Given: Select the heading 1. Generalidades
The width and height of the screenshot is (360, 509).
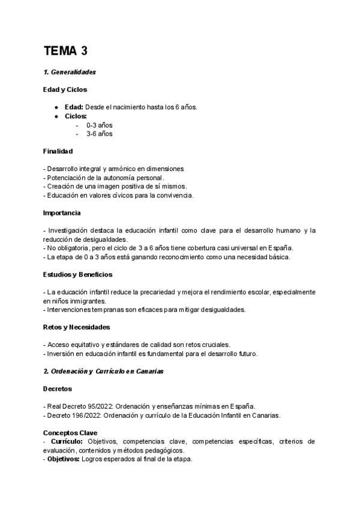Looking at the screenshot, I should click(70, 72).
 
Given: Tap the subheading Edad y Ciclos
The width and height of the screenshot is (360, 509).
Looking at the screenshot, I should click(65, 89).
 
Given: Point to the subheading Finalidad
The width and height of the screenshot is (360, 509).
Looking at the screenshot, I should click(58, 151).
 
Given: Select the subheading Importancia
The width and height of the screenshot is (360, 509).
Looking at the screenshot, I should click(62, 212).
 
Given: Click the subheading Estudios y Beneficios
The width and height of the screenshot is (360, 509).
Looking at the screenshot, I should click(77, 274).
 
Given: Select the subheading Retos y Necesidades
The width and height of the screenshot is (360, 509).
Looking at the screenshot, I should click(76, 327).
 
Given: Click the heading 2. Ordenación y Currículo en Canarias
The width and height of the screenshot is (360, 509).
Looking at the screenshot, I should click(104, 372).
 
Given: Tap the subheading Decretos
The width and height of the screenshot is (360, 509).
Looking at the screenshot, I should click(58, 389).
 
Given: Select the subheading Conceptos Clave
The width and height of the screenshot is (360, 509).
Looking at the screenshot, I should click(69, 433).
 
